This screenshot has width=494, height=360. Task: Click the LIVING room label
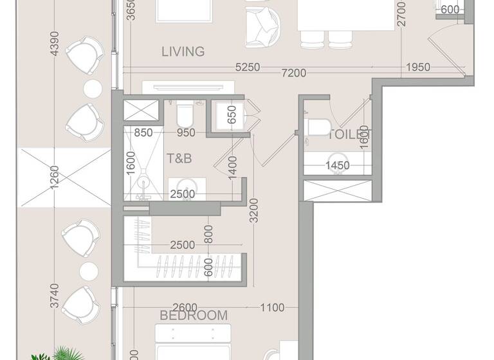(x=183, y=51)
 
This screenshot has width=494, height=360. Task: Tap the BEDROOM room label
(x=194, y=315)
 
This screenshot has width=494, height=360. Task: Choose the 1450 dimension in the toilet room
(x=337, y=166)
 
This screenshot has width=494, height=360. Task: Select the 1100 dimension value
(x=271, y=308)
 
